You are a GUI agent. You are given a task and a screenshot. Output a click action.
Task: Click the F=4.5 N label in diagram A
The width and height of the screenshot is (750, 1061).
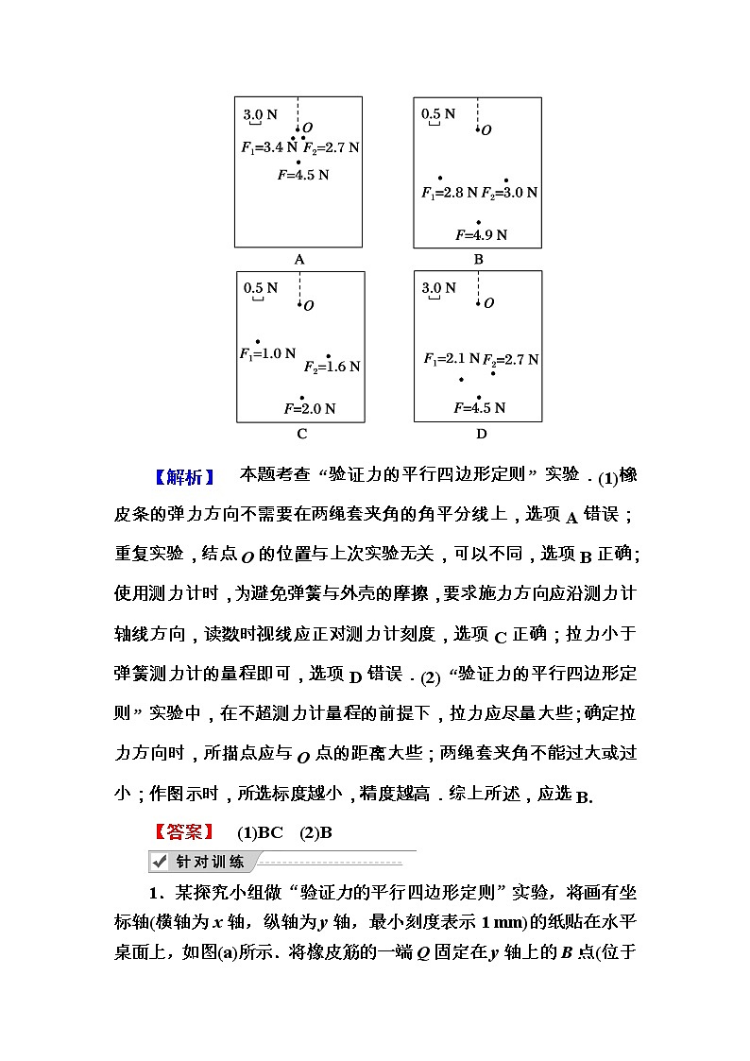pos(303,175)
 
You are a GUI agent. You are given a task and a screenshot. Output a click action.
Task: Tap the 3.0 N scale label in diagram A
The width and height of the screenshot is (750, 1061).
pos(261,115)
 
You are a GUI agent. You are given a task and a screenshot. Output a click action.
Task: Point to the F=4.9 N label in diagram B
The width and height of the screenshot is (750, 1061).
pos(481,235)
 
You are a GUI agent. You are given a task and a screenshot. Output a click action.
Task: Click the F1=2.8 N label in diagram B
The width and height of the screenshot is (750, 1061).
pos(450,193)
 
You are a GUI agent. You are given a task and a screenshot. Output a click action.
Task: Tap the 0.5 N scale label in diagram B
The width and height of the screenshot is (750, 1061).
pos(438,114)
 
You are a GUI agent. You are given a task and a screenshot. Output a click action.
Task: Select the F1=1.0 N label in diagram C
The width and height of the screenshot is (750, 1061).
pos(267,354)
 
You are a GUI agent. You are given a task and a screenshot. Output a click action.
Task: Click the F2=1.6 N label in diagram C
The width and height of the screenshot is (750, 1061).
pos(332,367)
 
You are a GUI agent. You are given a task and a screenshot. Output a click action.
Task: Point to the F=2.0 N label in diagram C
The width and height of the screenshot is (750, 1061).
pos(310,409)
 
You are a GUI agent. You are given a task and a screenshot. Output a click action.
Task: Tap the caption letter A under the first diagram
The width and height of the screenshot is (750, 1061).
pos(299,259)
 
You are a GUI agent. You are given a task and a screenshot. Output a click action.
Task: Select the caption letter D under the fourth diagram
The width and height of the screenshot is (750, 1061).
pos(481,434)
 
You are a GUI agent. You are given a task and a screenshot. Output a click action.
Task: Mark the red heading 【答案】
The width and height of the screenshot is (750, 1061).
pos(184,832)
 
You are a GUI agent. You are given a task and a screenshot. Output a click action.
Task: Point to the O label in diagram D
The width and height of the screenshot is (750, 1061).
pos(488,303)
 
